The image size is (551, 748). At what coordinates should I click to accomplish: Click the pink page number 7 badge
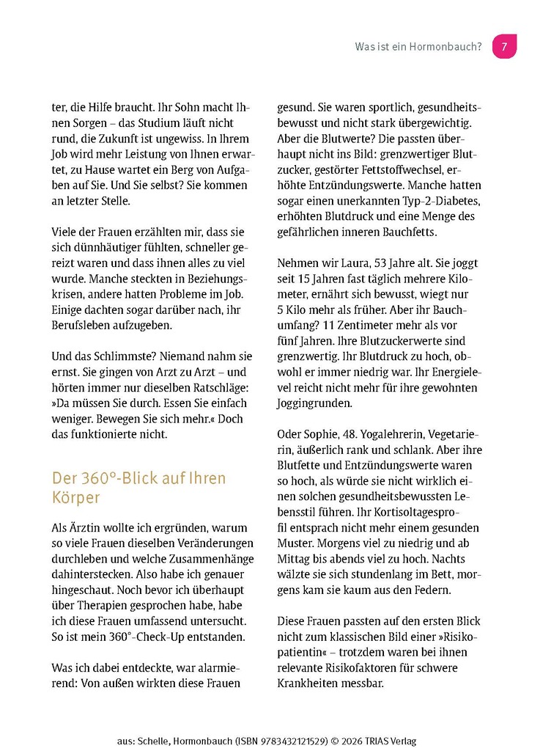click(x=504, y=46)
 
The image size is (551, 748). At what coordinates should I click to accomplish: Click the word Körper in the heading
click(x=75, y=497)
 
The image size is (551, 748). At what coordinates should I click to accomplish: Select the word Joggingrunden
click(x=315, y=403)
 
